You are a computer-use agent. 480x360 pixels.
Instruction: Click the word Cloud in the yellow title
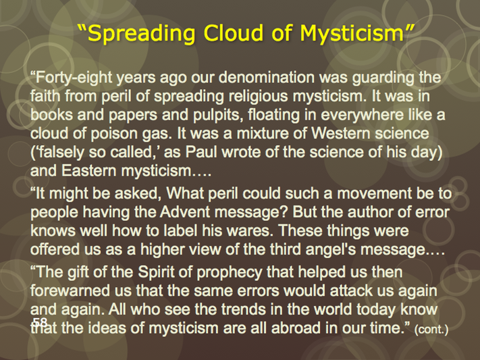[x=233, y=33]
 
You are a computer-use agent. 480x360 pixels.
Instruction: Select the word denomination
[x=266, y=77]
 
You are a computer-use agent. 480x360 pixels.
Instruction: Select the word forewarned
[x=70, y=290]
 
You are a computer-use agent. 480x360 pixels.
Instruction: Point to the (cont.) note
[x=431, y=330]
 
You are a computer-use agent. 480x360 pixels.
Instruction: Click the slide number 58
[x=40, y=322]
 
